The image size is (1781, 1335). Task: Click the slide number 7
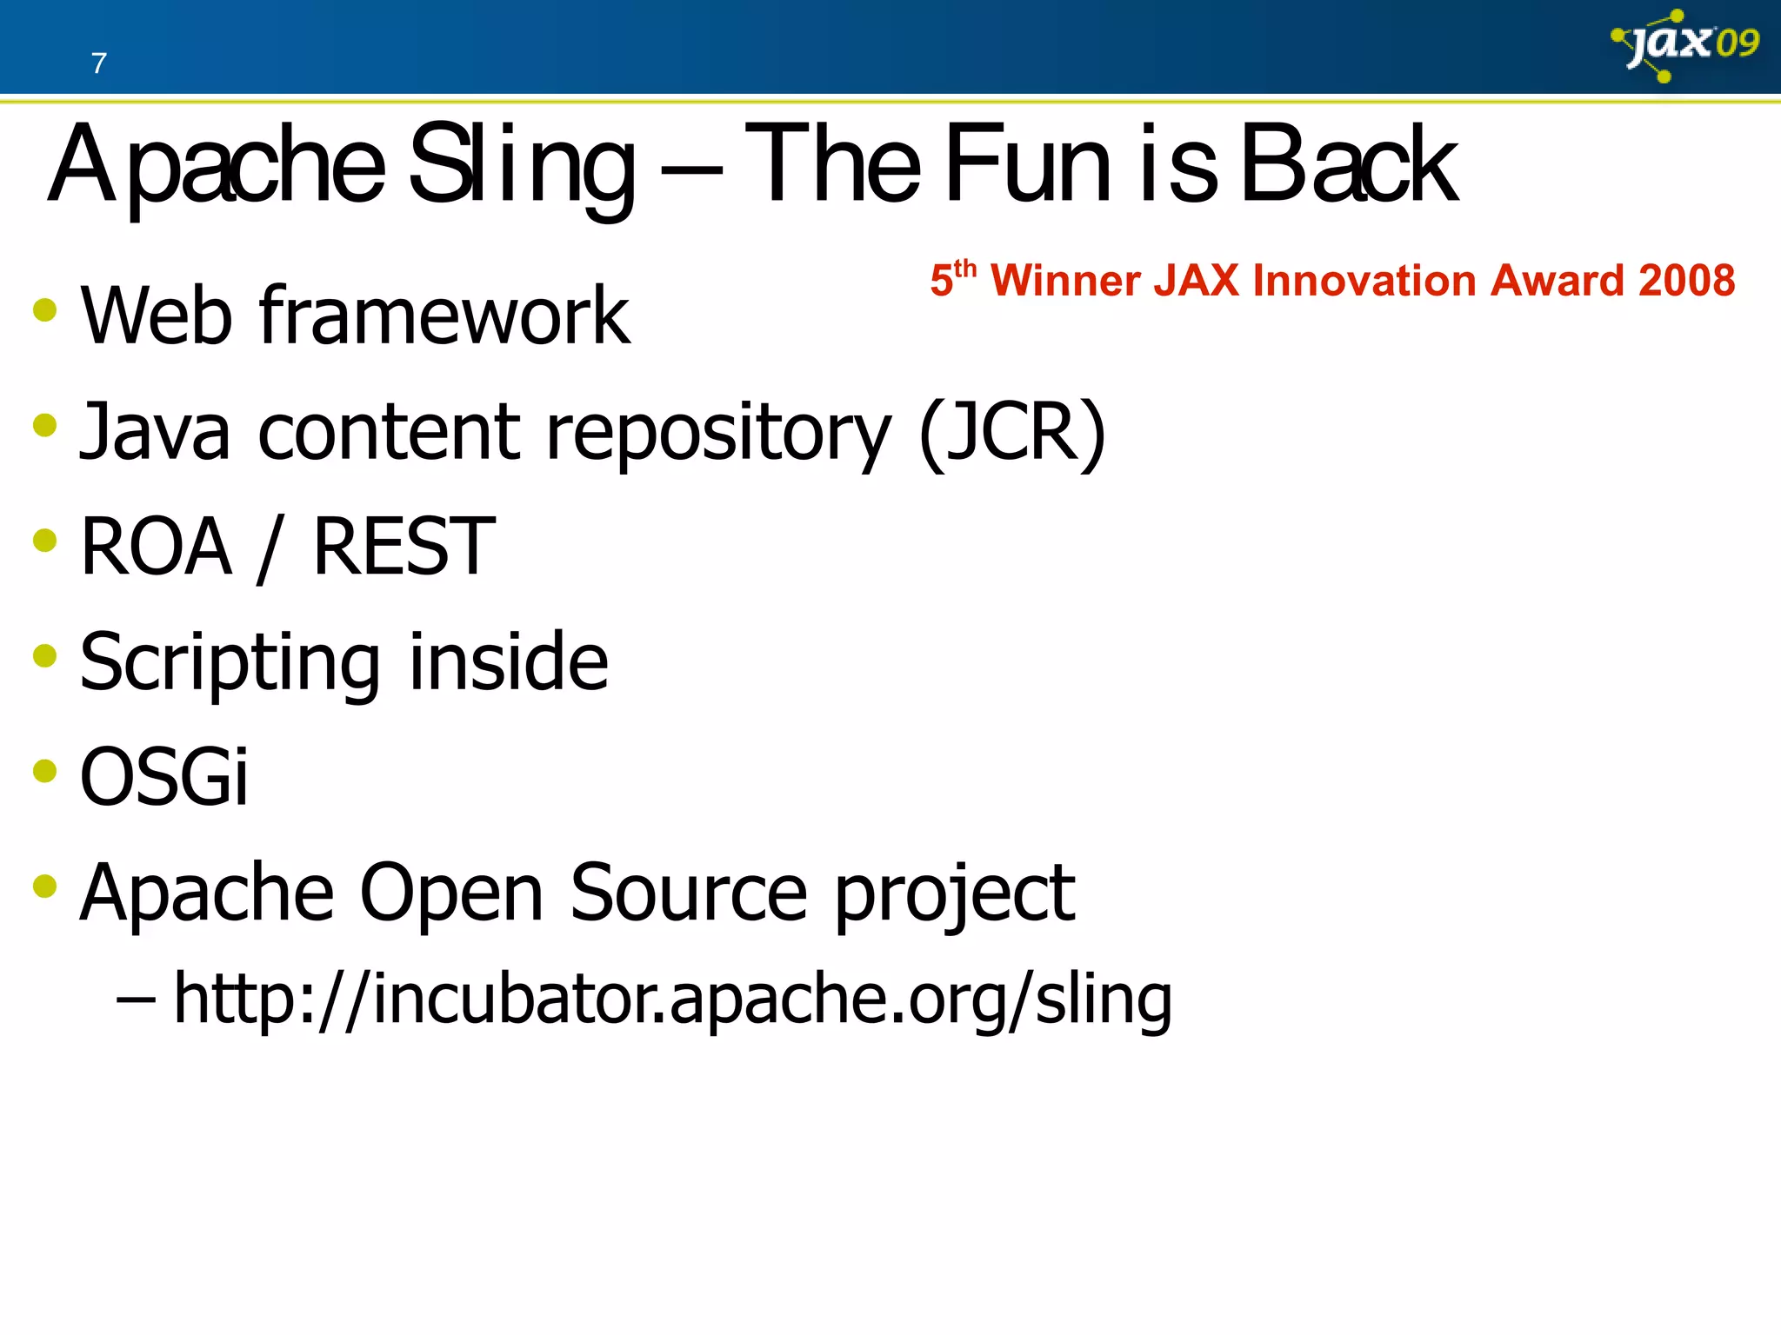(98, 63)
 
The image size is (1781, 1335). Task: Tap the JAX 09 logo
(1684, 45)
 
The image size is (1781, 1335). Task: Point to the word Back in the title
(1348, 165)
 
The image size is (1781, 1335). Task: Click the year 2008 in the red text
(1686, 282)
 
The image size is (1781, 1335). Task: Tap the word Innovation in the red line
(1365, 282)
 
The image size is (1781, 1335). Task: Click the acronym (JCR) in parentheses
(1012, 432)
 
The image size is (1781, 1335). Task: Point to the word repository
(717, 435)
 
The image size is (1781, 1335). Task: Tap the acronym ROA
(157, 547)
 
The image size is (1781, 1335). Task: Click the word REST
(404, 547)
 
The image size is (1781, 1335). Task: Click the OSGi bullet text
(163, 777)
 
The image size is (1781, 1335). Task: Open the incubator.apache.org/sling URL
(672, 1000)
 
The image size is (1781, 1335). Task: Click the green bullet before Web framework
(45, 310)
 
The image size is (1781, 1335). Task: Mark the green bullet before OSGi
(45, 771)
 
